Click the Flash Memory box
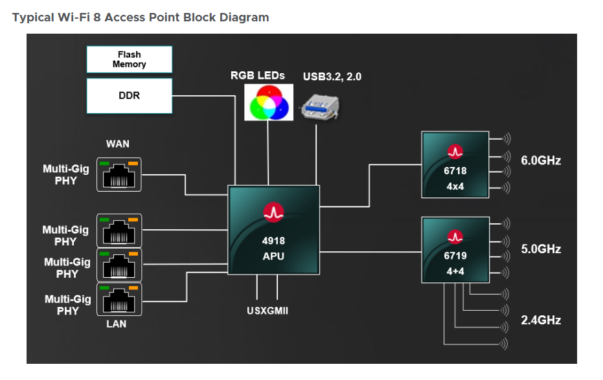(x=130, y=60)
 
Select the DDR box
(x=130, y=95)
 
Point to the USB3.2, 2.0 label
(x=332, y=76)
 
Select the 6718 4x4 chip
(x=455, y=164)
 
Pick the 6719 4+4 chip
(x=455, y=249)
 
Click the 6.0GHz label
(x=541, y=160)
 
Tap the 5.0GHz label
(x=541, y=249)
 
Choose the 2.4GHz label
(x=541, y=320)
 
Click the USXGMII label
(x=267, y=311)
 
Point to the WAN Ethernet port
(x=119, y=173)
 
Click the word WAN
(x=117, y=144)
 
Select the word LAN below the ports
(x=117, y=324)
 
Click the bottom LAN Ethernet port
(x=119, y=299)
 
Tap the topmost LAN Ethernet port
(x=119, y=230)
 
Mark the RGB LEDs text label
(x=257, y=76)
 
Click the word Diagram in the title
(x=241, y=17)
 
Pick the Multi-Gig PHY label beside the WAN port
(x=65, y=175)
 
